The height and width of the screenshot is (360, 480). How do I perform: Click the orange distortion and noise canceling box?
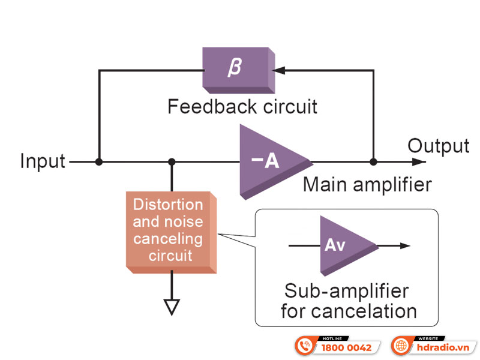click(169, 231)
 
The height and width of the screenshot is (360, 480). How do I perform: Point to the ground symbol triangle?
click(172, 307)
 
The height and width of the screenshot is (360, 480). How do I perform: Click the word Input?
click(43, 162)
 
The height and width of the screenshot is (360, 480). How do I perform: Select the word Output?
click(438, 146)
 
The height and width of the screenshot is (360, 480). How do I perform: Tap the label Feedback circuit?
click(242, 107)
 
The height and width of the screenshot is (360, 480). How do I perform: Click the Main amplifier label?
click(367, 184)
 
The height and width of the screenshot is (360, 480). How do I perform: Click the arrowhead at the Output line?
click(419, 161)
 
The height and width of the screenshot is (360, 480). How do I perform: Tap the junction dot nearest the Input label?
click(99, 162)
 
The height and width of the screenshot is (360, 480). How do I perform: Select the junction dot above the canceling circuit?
click(172, 162)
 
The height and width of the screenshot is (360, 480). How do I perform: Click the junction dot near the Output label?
click(373, 162)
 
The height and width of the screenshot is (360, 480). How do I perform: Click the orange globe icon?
click(402, 346)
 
